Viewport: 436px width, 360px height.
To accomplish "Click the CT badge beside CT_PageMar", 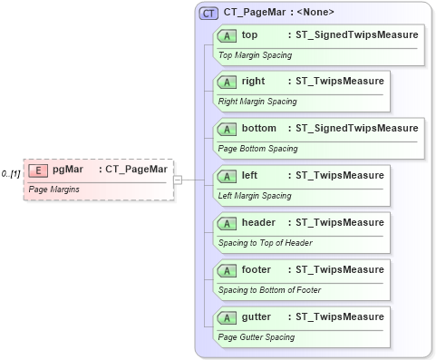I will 209,13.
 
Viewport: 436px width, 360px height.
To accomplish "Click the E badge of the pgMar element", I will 38,170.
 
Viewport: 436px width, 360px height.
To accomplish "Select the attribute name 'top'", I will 249,34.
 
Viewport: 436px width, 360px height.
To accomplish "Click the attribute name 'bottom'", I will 259,128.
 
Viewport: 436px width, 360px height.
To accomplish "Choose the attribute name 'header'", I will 259,222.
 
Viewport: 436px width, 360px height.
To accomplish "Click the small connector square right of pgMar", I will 178,180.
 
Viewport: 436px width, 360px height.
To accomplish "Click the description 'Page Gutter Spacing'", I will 257,336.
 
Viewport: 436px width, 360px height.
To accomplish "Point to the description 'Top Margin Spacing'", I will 254,54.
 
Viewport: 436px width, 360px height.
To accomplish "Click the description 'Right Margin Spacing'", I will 257,101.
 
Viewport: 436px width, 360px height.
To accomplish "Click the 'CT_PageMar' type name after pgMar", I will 136,169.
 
